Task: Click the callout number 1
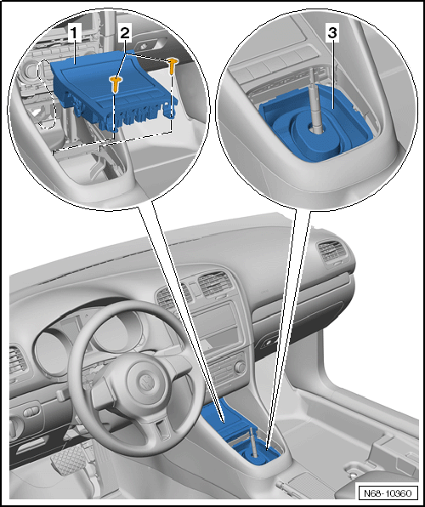tap(74, 34)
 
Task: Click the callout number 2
tap(125, 34)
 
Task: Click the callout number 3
tap(332, 34)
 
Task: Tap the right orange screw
tap(173, 66)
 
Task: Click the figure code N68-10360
tap(388, 493)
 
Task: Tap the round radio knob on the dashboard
tap(241, 367)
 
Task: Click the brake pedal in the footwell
tap(67, 459)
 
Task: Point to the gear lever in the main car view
tap(254, 442)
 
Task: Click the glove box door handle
tap(268, 344)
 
